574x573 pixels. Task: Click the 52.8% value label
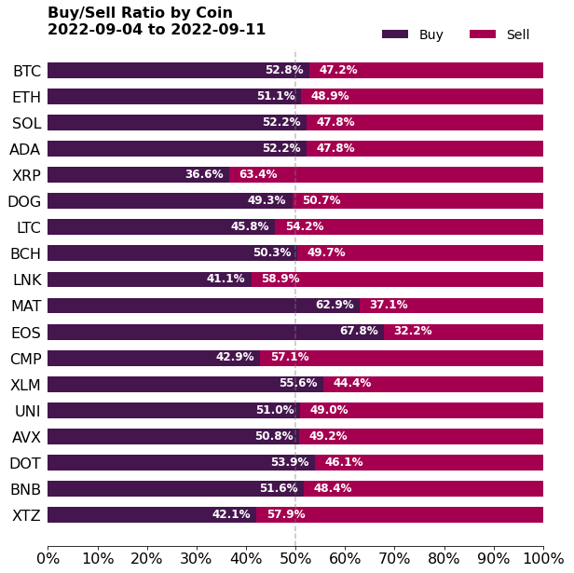tap(284, 70)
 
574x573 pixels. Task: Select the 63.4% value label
tap(258, 174)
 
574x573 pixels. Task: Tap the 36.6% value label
tap(204, 174)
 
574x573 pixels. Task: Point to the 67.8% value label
tap(359, 331)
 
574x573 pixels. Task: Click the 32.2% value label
tap(413, 331)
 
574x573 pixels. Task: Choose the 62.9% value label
tap(335, 305)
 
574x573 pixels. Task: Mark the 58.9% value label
tap(280, 279)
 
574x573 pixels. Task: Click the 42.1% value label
tap(231, 514)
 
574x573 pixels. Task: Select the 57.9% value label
tap(286, 514)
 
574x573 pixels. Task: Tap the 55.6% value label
tap(298, 383)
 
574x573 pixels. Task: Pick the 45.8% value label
tap(250, 226)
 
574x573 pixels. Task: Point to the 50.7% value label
tap(321, 200)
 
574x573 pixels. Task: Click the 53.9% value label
tap(290, 462)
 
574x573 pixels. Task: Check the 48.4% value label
tap(333, 488)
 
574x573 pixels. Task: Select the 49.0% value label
tap(329, 410)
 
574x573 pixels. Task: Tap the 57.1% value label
tap(290, 357)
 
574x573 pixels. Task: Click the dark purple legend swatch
tap(395, 34)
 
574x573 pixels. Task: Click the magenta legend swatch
tap(483, 34)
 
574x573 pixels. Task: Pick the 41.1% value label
tap(225, 279)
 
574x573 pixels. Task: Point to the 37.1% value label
tap(389, 305)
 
